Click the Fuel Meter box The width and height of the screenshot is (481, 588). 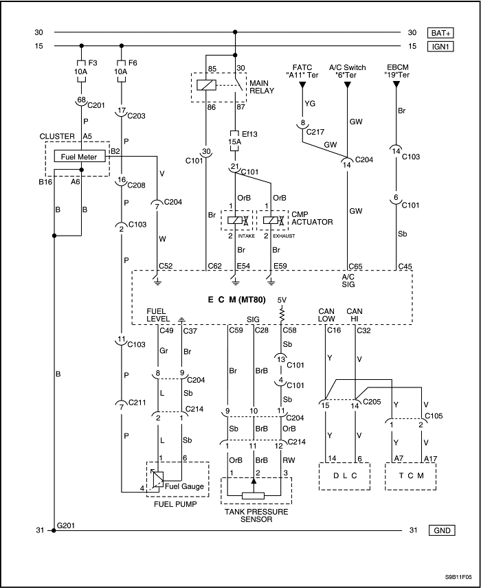81,157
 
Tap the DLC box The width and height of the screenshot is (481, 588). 344,475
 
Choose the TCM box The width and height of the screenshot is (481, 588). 410,475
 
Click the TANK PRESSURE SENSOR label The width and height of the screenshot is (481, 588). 256,515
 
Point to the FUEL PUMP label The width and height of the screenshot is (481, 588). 175,504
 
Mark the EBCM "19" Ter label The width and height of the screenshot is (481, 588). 396,71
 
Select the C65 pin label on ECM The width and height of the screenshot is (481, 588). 355,265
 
